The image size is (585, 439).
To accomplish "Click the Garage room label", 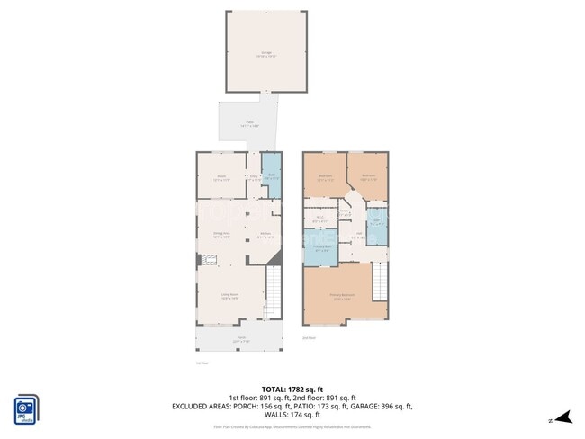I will pos(265,54).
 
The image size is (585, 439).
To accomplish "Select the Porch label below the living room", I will pos(240,340).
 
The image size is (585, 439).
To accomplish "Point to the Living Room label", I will pos(230,295).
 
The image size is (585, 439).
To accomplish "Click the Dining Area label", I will pos(221,235).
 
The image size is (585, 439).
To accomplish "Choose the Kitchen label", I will pos(266,235).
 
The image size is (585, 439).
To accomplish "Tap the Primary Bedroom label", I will pos(342,296).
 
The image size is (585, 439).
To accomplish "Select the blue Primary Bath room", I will pos(321,249).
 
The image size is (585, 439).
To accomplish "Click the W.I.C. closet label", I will pos(320,217).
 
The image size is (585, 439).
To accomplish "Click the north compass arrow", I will pos(562,417).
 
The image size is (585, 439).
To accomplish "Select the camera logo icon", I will pos(25,408).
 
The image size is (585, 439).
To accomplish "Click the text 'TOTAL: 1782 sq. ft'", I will pos(292,388).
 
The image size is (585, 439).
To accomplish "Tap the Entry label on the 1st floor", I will pos(254,177).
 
